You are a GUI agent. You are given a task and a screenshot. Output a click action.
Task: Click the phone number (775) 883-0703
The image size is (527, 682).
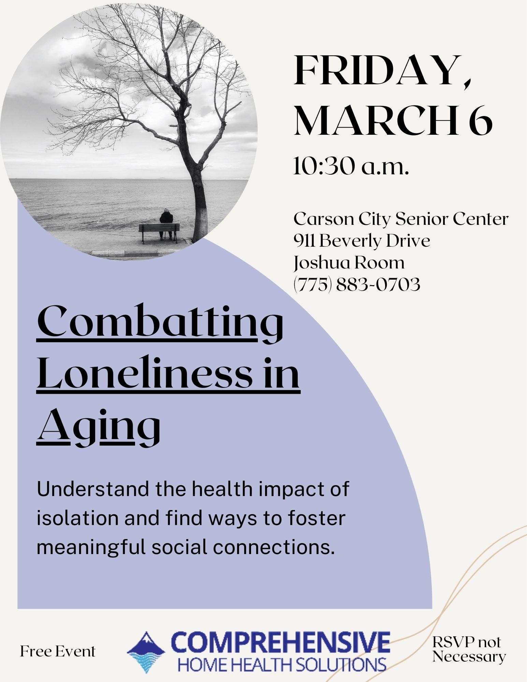[357, 284]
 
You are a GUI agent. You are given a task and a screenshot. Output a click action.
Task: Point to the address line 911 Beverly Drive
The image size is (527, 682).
[362, 241]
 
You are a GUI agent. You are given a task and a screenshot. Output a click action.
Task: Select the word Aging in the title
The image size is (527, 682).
[98, 426]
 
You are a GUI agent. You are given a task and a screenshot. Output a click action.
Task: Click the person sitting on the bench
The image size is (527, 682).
[166, 223]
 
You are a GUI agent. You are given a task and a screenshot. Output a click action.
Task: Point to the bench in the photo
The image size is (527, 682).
[159, 232]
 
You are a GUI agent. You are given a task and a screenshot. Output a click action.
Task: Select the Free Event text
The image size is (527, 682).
[58, 651]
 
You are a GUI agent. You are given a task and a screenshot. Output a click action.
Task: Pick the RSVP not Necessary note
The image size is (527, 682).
[469, 649]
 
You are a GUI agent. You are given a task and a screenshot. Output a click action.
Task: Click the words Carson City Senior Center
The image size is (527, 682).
[401, 219]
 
